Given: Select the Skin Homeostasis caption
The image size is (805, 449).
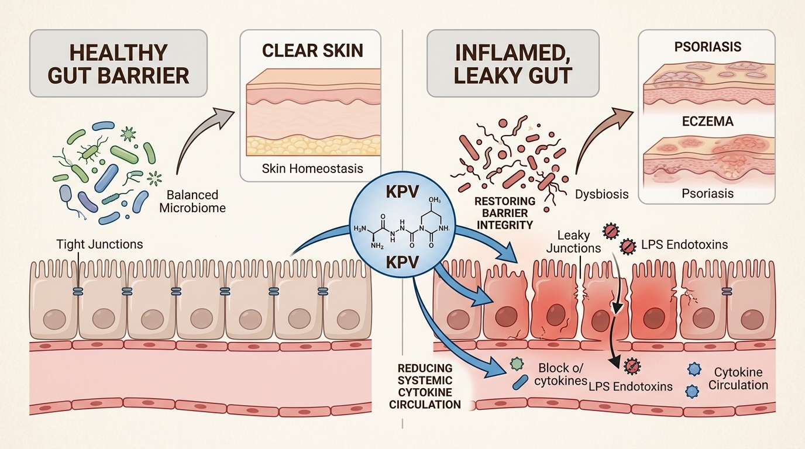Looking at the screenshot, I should (x=312, y=168).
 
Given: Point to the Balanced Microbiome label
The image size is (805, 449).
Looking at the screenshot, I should (x=192, y=201).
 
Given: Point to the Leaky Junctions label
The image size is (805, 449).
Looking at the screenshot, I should (x=573, y=241).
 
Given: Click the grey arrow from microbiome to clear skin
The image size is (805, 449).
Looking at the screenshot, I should (x=196, y=140).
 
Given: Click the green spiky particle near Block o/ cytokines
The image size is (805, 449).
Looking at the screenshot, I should (x=515, y=363).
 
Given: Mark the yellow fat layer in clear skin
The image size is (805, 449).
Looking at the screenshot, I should (x=312, y=145).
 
